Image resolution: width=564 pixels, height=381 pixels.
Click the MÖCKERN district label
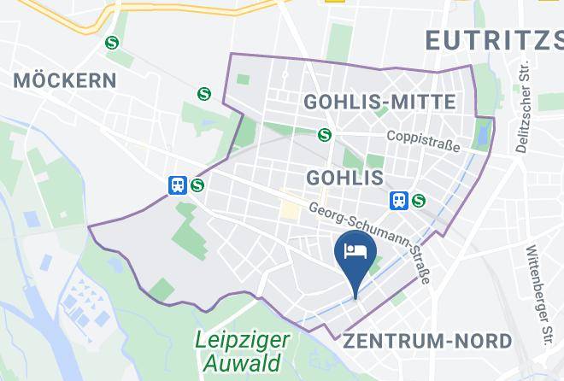point(65,81)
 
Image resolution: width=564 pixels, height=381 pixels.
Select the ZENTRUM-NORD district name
point(427,341)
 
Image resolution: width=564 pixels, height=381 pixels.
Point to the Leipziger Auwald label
point(242,351)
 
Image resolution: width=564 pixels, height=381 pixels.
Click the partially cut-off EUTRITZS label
point(493,39)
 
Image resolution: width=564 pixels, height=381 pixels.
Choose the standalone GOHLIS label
point(344,178)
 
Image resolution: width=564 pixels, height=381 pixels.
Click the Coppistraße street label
point(423,141)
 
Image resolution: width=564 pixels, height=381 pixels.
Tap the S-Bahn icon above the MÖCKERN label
point(112,43)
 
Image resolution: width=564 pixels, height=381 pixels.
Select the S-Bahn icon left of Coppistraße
point(324,134)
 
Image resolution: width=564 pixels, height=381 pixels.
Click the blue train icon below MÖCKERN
point(178,185)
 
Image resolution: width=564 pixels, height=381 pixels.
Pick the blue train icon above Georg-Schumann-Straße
point(398,201)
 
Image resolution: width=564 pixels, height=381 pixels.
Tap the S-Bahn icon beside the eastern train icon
point(418,201)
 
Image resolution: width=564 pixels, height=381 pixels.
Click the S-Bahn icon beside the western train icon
point(197,185)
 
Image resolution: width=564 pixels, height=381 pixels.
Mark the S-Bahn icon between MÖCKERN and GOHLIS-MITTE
point(203,93)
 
